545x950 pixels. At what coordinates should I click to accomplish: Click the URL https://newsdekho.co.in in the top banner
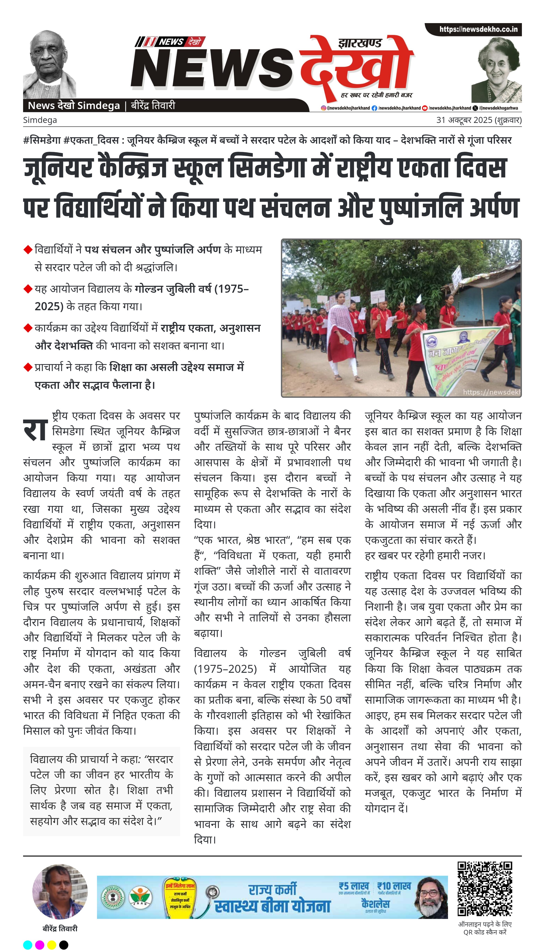click(478, 29)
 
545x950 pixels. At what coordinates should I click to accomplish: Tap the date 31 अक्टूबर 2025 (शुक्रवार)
click(479, 120)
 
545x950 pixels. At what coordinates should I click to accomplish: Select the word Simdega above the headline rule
click(40, 120)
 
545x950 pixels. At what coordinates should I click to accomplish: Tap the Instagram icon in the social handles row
click(323, 108)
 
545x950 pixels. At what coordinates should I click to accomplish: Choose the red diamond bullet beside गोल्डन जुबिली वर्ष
click(28, 289)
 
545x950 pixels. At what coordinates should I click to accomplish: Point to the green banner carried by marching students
click(460, 359)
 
